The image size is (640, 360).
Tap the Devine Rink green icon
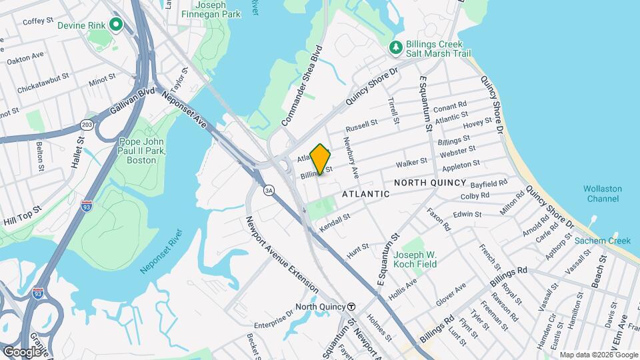pos(116,25)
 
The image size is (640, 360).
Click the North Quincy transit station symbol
pos(351,307)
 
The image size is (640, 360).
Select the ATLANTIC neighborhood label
pos(365,194)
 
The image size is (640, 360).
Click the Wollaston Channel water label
pos(603,193)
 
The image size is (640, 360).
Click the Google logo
pos(22,351)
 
